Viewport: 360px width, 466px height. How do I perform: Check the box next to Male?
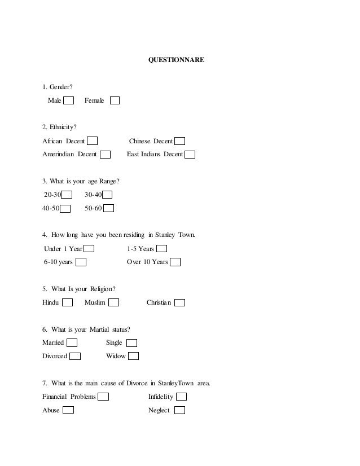tap(68, 101)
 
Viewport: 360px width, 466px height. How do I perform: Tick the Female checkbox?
tap(115, 101)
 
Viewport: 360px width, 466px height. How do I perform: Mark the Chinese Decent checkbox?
tap(179, 141)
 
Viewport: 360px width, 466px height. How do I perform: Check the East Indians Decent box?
tap(190, 155)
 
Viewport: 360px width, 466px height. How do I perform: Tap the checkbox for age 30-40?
tap(107, 195)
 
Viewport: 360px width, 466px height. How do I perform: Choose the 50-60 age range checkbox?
tap(109, 209)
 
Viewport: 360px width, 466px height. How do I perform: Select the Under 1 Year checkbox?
tap(89, 249)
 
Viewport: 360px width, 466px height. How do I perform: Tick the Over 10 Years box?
tap(175, 262)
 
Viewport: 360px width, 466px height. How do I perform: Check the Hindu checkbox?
tap(67, 303)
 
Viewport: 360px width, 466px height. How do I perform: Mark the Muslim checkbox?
tap(113, 303)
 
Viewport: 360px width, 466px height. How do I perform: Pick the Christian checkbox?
tap(179, 303)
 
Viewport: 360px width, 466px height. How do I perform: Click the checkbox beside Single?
tap(131, 343)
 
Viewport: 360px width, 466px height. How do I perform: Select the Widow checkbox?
tap(133, 357)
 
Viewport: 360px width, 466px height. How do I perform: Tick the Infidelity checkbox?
tap(182, 397)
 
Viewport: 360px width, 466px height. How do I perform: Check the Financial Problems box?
tap(103, 397)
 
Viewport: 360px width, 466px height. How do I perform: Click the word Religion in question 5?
tap(102, 289)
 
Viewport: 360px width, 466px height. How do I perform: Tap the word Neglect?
tap(159, 411)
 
